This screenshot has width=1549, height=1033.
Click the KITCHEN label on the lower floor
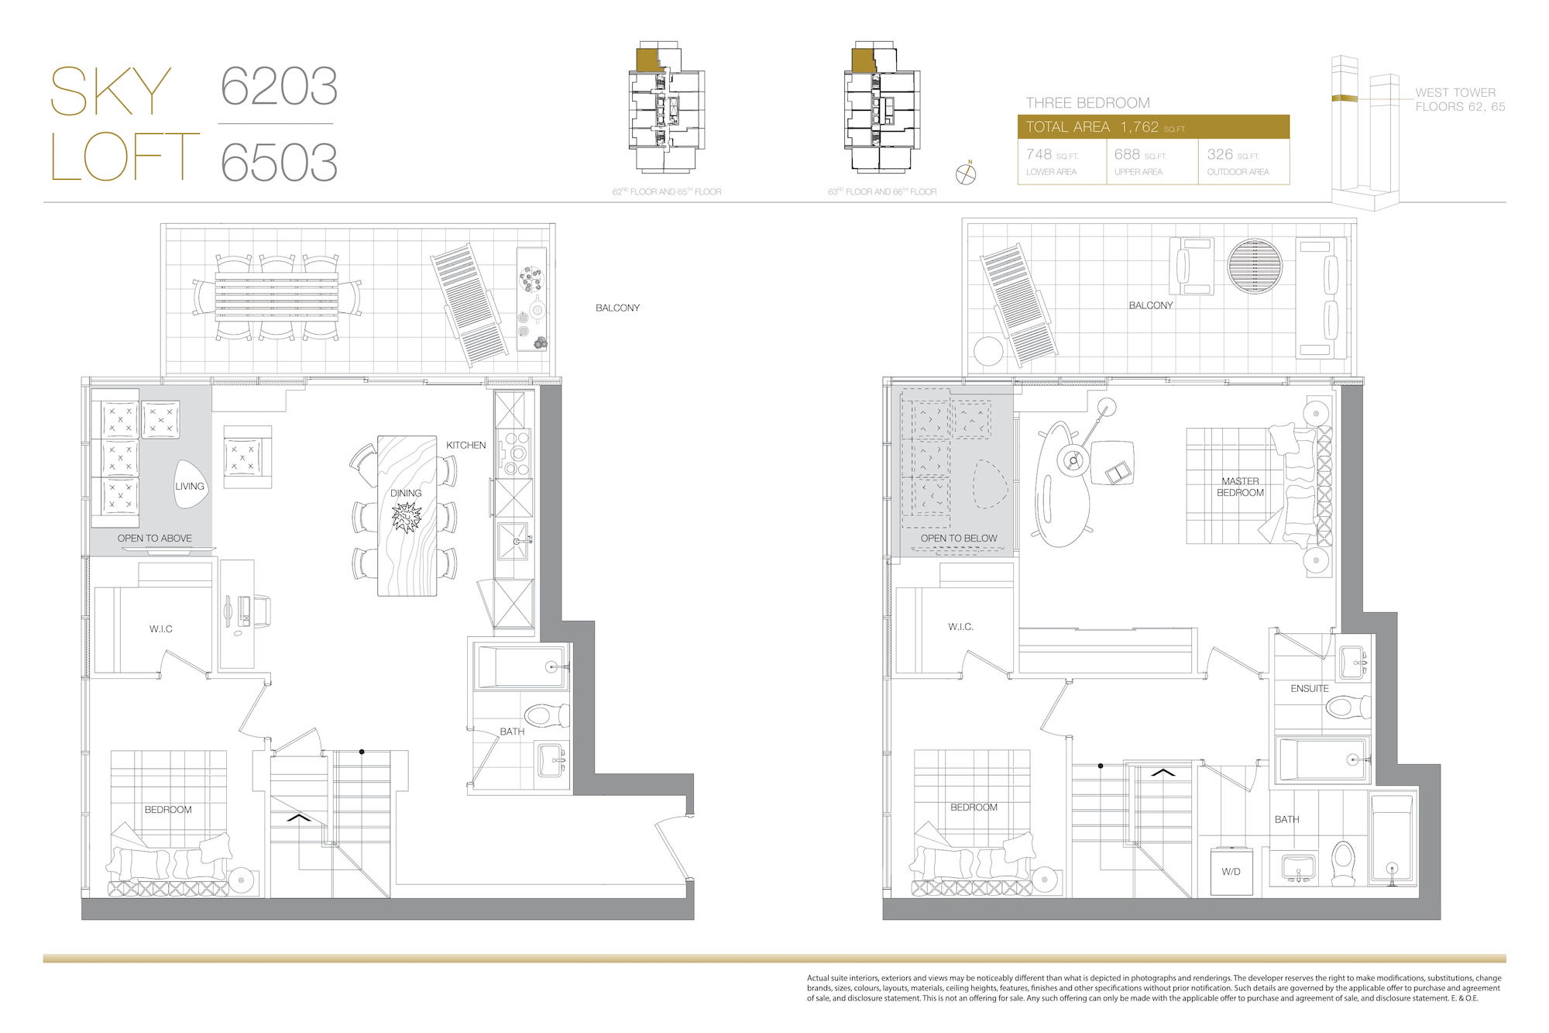[465, 445]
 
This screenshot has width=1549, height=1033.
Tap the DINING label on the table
[406, 493]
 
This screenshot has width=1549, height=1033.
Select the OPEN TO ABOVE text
[154, 538]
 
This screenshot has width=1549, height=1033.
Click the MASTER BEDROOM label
[1240, 487]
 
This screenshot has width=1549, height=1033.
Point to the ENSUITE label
[1310, 688]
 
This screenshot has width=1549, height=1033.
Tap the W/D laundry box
[1231, 871]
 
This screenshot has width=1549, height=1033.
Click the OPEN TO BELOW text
[959, 538]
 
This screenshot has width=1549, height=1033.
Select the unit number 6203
[279, 86]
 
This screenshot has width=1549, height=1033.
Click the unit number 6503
[279, 161]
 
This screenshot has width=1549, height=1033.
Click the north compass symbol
[966, 174]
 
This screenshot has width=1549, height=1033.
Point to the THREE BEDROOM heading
[1087, 103]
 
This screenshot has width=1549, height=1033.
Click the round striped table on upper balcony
[1255, 266]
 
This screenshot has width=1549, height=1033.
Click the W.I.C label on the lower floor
[161, 628]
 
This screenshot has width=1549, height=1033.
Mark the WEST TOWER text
[1455, 92]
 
